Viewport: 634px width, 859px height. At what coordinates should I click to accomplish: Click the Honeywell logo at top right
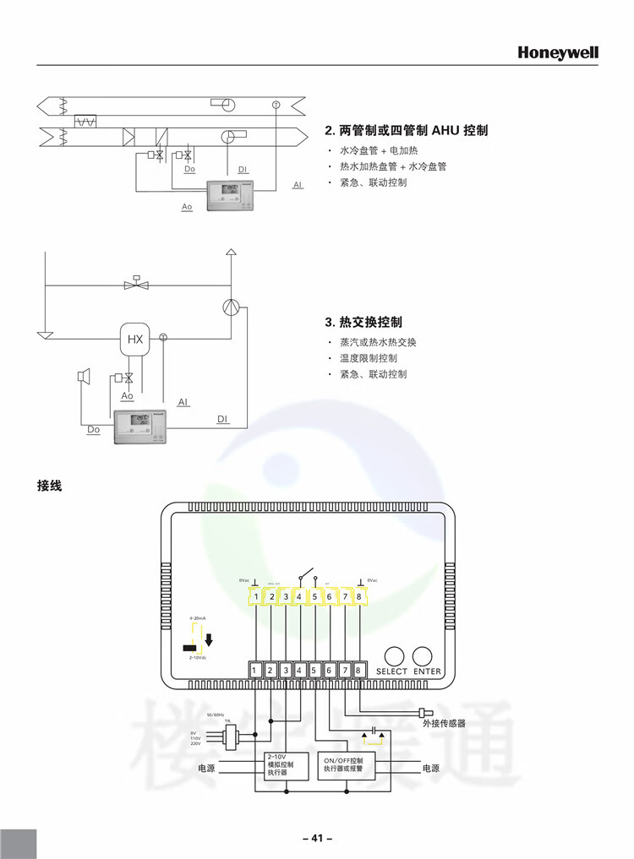[x=558, y=52]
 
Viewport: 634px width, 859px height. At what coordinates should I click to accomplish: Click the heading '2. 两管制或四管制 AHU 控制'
[x=407, y=131]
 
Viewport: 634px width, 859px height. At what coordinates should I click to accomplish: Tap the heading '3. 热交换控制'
[x=363, y=322]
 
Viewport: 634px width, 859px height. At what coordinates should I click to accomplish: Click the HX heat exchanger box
[x=134, y=340]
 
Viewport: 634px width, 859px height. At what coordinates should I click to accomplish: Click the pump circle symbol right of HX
[x=231, y=307]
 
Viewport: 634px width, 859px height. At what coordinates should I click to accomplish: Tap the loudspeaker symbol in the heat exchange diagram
[x=83, y=376]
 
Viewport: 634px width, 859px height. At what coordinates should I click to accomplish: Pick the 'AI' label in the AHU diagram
[x=298, y=185]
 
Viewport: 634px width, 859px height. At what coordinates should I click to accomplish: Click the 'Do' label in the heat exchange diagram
[x=93, y=430]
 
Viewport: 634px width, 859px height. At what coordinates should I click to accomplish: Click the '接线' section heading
[x=50, y=486]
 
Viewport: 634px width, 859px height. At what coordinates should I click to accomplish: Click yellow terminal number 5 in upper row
[x=314, y=597]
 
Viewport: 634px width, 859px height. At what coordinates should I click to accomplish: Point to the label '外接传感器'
[x=444, y=724]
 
